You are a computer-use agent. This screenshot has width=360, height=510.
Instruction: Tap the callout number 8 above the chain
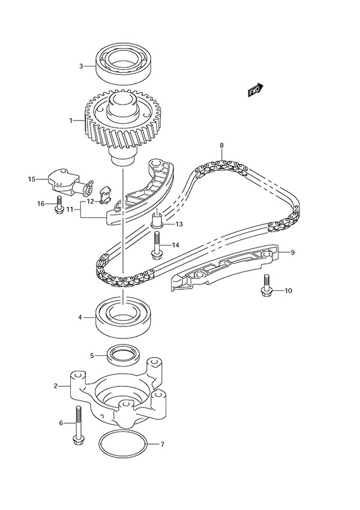pos(221,146)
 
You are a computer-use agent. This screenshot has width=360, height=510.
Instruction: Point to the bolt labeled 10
pos(265,286)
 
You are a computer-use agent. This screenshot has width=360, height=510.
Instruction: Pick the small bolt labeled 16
pos(59,205)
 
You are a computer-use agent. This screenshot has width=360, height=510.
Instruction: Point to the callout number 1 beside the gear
pos(70,121)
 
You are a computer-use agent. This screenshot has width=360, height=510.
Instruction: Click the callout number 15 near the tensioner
pos(32,178)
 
